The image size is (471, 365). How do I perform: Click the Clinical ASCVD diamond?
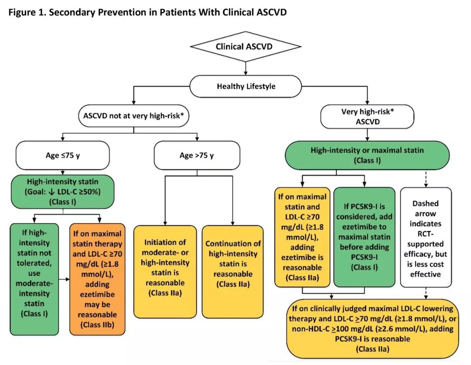pyautogui.click(x=246, y=47)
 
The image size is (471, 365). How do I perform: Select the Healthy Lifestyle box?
pyautogui.click(x=246, y=86)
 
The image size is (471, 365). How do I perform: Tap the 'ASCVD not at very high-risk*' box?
pyautogui.click(x=134, y=116)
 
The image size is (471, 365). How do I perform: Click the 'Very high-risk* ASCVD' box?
pyautogui.click(x=367, y=117)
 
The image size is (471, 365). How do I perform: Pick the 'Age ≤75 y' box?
pyautogui.click(x=62, y=155)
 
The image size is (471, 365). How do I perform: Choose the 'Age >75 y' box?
pyautogui.click(x=197, y=155)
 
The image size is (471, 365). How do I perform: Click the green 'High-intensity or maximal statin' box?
pyautogui.click(x=367, y=155)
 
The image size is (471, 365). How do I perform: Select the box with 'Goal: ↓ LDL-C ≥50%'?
pyautogui.click(x=62, y=192)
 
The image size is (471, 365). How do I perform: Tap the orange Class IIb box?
pyautogui.click(x=97, y=279)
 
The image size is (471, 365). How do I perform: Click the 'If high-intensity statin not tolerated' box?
pyautogui.click(x=34, y=279)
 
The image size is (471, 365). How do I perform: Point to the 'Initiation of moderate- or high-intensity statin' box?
pyautogui.click(x=165, y=272)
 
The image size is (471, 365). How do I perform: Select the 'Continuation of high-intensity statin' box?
pyautogui.click(x=233, y=272)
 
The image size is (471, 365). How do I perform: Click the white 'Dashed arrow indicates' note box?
pyautogui.click(x=426, y=238)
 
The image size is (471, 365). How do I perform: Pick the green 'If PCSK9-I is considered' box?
pyautogui.click(x=364, y=237)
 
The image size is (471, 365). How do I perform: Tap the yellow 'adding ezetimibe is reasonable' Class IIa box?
pyautogui.click(x=302, y=237)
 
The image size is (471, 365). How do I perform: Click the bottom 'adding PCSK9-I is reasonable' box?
pyautogui.click(x=372, y=329)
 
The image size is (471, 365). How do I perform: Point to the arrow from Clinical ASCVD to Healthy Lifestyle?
pyautogui.click(x=246, y=69)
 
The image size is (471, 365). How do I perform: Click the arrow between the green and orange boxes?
pyautogui.click(x=64, y=279)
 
